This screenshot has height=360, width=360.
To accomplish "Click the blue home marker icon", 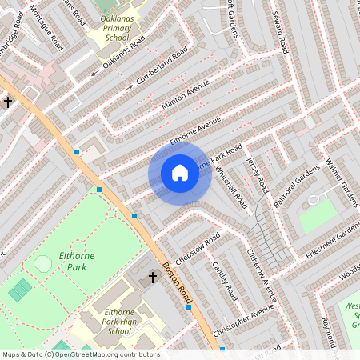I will point(180,173).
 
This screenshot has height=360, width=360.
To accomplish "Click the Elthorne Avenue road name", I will point(195,131).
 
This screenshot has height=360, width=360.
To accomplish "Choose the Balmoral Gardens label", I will point(297,186).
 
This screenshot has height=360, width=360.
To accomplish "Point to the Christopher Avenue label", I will point(249,318).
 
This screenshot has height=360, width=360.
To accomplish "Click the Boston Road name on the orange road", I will point(177,282).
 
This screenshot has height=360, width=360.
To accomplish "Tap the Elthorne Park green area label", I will point(71,263).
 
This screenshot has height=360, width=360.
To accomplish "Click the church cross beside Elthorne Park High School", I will point(153,277).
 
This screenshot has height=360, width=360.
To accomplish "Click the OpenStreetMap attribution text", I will point(80,354).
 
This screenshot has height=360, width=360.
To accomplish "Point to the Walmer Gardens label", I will point(342,183).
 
